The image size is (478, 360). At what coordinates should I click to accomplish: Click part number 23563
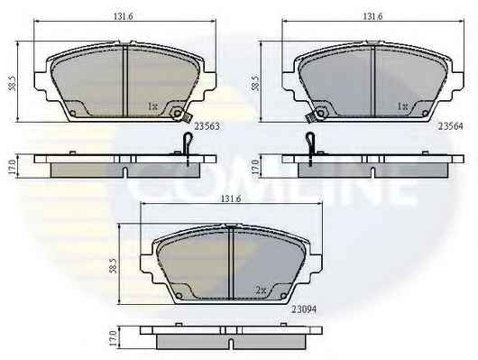click(x=207, y=126)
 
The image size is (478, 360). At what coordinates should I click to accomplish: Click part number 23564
click(x=450, y=126)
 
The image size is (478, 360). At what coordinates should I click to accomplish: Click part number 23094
click(x=304, y=309)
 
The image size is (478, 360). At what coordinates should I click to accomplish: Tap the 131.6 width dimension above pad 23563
click(x=124, y=16)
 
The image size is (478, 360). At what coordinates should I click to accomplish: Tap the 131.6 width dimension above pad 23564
click(x=372, y=16)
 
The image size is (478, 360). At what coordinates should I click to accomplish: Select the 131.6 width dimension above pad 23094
click(x=231, y=198)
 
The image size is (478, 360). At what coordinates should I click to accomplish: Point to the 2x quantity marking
click(x=261, y=291)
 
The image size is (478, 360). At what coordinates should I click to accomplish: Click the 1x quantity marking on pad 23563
click(x=152, y=106)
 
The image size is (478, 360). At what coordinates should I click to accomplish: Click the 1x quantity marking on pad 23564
click(x=402, y=106)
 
